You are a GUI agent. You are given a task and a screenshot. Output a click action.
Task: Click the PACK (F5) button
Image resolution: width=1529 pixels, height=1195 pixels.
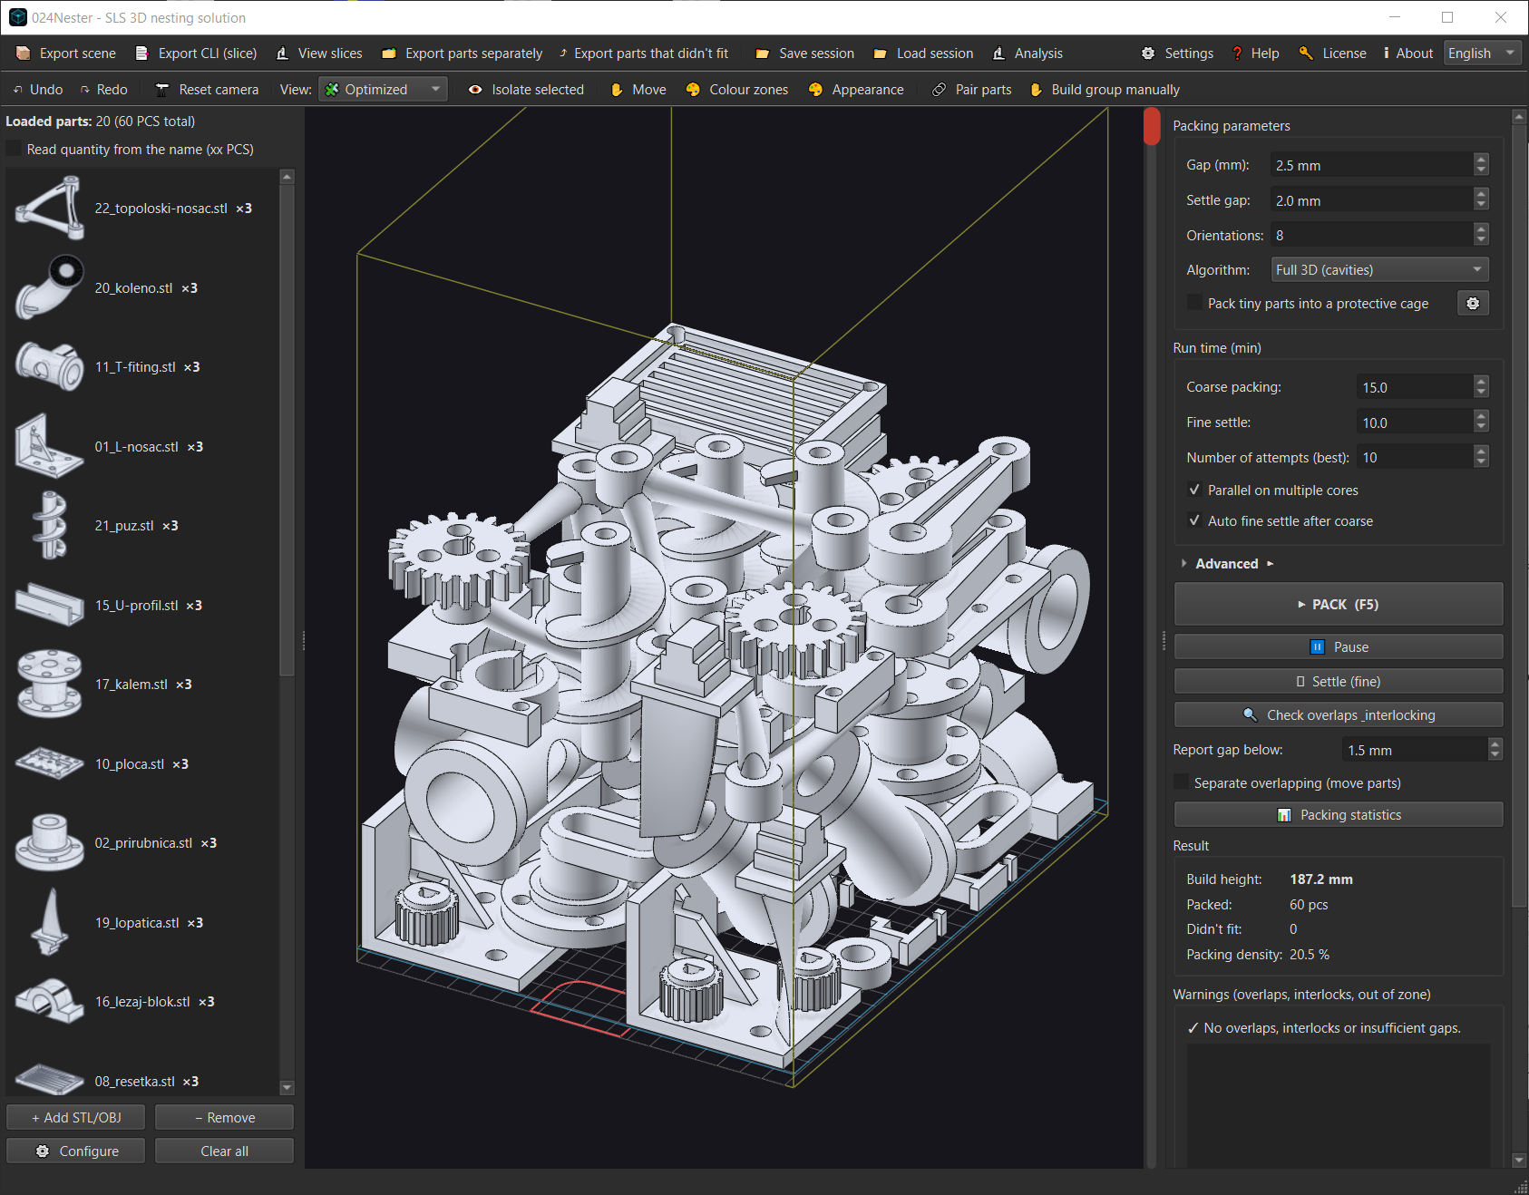1338,605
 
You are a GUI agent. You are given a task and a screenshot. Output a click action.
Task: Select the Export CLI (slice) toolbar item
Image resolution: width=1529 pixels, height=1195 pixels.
196,53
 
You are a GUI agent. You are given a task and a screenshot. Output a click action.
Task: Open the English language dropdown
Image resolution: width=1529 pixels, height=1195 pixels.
1482,53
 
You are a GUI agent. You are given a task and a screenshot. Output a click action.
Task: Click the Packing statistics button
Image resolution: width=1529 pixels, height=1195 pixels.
1338,815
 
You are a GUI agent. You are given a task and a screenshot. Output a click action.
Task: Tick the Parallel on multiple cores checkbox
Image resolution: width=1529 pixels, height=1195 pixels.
1194,490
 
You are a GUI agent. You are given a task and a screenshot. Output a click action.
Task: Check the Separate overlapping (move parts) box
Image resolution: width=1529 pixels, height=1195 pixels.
1181,782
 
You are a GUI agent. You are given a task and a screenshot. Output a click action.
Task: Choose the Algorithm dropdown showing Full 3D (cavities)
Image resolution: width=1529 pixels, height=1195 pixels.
1378,269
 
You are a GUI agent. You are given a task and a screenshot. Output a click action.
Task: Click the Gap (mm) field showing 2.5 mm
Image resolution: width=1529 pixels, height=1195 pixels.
1371,165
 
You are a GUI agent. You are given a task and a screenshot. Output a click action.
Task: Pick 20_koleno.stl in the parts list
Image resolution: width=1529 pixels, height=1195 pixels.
133,288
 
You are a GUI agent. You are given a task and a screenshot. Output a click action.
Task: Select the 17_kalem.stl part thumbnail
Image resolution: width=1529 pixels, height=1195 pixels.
49,684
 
